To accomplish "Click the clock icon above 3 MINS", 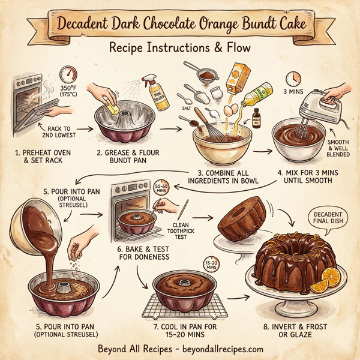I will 293,78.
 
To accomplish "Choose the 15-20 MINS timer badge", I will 211,265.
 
